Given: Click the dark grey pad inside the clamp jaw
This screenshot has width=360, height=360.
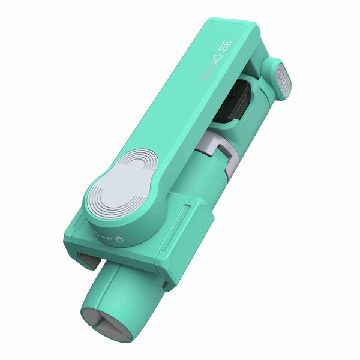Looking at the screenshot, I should point(85,259).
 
